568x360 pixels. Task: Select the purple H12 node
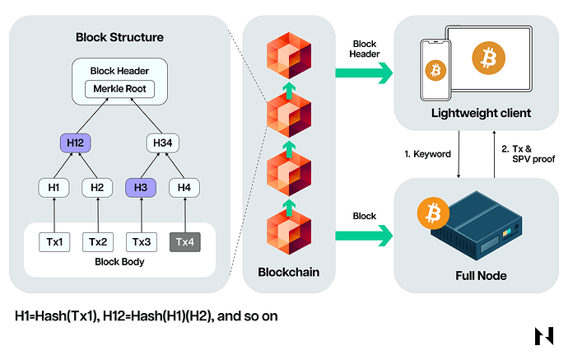[x=75, y=143]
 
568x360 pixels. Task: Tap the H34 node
[x=162, y=143]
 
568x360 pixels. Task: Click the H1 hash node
[x=54, y=187]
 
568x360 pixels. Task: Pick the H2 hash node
[x=97, y=187]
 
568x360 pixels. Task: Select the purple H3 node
[x=141, y=187]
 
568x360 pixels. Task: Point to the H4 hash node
[x=184, y=187]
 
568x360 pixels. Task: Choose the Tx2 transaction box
[x=97, y=241]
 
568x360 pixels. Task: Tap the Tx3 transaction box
[x=141, y=241]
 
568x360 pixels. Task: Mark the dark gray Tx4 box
[x=184, y=241]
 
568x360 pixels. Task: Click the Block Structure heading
[x=119, y=37]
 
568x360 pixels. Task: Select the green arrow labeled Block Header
[x=364, y=73]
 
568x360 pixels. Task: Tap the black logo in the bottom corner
[x=544, y=337]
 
